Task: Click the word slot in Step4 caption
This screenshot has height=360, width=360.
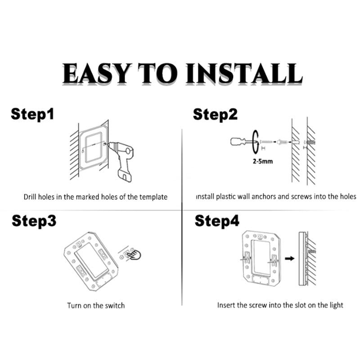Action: [296, 305]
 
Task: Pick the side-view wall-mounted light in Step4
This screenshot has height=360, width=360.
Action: [302, 258]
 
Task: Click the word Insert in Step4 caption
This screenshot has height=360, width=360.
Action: [226, 305]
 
